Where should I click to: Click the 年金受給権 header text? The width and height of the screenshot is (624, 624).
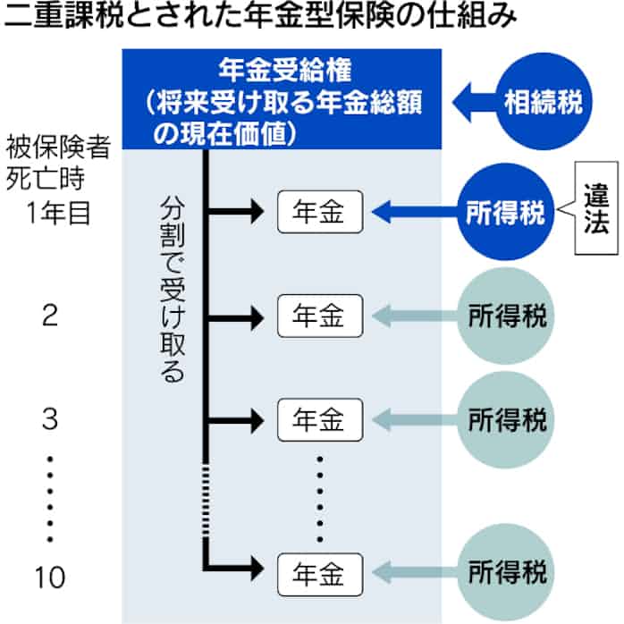pos(280,68)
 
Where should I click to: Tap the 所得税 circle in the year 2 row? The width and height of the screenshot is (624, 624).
pos(507,316)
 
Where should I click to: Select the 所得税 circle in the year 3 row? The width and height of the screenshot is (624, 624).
pos(507,418)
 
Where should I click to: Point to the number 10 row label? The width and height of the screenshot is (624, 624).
pos(52,577)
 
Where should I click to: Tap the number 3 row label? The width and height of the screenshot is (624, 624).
pos(52,418)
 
